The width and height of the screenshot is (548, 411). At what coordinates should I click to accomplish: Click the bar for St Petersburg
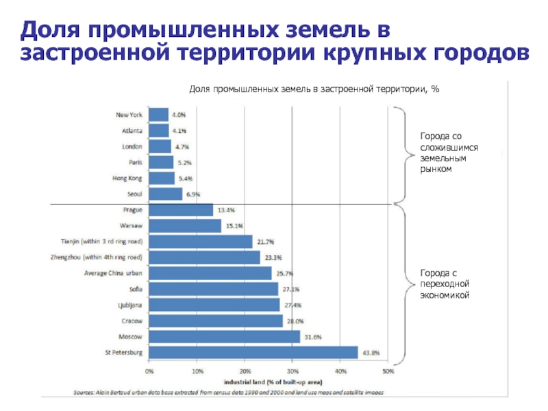[x=253, y=352]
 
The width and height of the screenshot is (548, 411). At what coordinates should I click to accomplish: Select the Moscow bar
[x=224, y=336]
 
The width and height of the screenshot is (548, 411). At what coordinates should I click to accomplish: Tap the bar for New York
[x=158, y=114]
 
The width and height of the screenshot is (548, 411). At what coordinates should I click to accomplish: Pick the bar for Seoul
[x=165, y=194]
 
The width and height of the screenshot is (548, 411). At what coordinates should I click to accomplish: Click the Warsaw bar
[x=185, y=225]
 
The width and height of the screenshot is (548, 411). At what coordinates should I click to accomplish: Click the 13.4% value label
[x=226, y=210]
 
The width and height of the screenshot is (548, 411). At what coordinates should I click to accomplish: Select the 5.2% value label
[x=184, y=162]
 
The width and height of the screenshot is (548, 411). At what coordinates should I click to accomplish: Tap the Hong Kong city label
[x=127, y=178]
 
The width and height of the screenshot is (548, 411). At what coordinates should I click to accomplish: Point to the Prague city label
[x=133, y=210]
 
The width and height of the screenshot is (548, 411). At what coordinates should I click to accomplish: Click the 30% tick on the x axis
[x=292, y=372]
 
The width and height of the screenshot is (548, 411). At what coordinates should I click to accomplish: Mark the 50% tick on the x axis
[x=388, y=372]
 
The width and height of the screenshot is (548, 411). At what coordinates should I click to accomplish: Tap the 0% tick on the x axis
[x=149, y=372]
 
